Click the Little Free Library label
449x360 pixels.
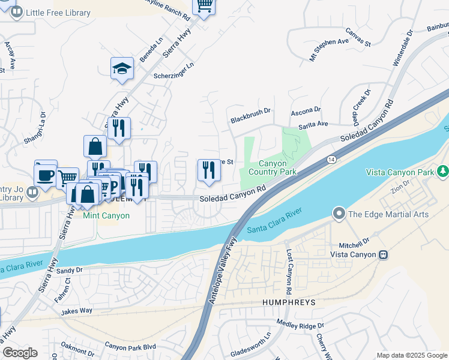click(x=58, y=13)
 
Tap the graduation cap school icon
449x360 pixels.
click(x=122, y=69)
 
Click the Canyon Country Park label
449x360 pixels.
click(x=278, y=168)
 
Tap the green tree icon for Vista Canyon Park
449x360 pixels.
click(x=443, y=172)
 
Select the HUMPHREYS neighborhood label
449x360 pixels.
click(x=289, y=304)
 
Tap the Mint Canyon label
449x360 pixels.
click(x=107, y=215)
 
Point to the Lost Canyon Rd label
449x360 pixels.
click(x=288, y=272)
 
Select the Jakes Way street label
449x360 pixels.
click(x=76, y=311)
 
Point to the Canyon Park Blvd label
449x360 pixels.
click(x=130, y=346)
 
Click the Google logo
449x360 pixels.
click(x=20, y=353)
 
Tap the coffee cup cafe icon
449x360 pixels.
click(x=46, y=175)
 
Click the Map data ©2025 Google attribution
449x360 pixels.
click(x=412, y=355)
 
